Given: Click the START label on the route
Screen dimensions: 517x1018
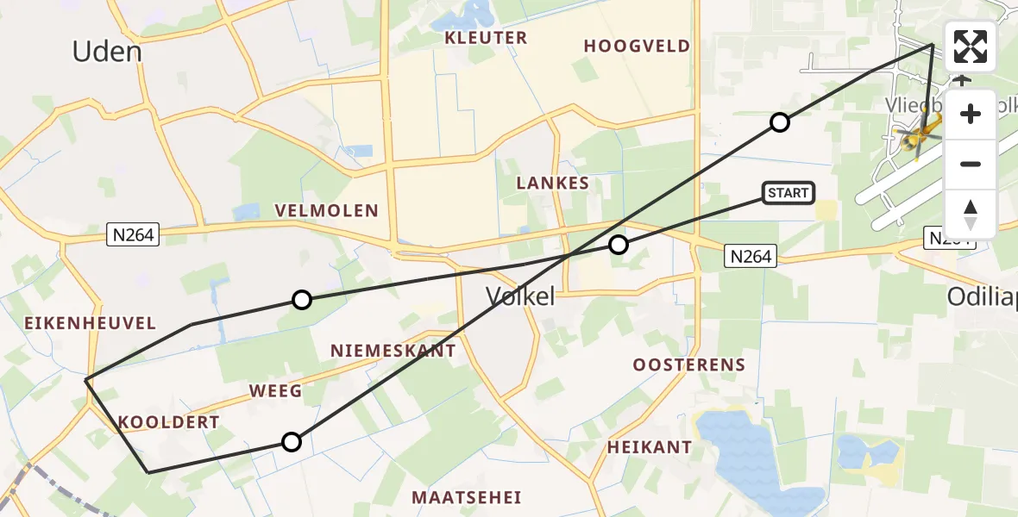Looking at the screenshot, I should [x=788, y=193].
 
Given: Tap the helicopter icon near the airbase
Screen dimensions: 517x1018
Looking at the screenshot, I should [x=918, y=138].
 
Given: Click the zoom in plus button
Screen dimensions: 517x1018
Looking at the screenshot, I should [x=971, y=114].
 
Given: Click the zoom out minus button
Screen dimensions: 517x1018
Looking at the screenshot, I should [x=971, y=164].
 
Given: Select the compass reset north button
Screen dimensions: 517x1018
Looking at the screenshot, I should [x=971, y=214].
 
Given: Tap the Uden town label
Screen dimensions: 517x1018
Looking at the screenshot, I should [x=106, y=52].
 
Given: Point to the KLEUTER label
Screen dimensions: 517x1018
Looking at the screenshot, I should [x=486, y=38].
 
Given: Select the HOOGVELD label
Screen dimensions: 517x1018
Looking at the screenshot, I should [x=637, y=47].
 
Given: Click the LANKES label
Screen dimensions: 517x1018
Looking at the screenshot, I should [x=552, y=183].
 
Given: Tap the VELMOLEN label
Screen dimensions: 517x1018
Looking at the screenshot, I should [x=326, y=211].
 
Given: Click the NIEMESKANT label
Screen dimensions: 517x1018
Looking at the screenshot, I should [x=393, y=351].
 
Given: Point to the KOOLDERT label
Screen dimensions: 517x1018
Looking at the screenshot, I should [x=168, y=422].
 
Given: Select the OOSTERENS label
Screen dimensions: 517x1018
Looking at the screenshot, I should [x=688, y=364].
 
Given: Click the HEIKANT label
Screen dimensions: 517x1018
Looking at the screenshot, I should [x=649, y=447].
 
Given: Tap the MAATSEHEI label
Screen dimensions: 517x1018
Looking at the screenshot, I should [x=465, y=497].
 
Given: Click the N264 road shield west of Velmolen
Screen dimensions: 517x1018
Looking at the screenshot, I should [x=134, y=234].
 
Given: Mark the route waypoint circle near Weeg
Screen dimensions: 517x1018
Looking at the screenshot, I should [x=292, y=442].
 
